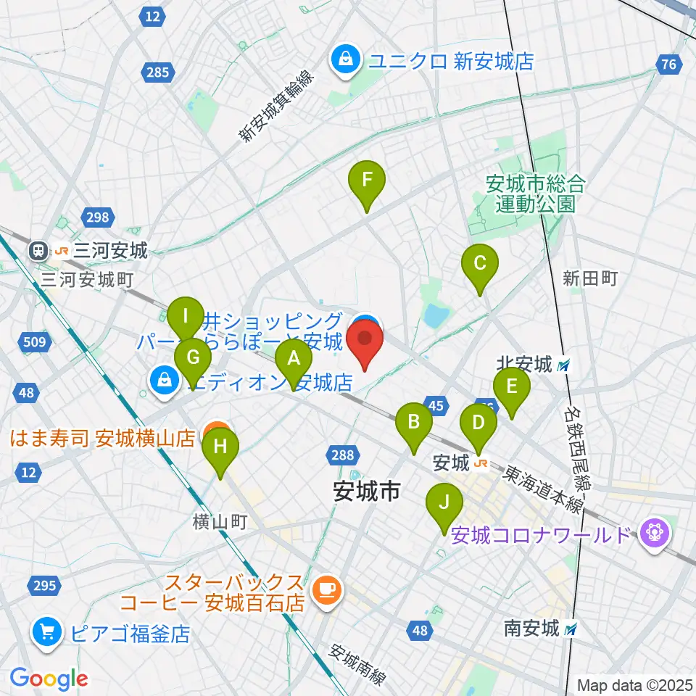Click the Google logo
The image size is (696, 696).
coord(49,679)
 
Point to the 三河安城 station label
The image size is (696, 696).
coord(101,252)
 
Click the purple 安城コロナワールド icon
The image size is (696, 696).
coord(655,535)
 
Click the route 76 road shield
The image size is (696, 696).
coord(668,65)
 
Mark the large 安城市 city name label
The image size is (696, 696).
coord(367,492)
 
